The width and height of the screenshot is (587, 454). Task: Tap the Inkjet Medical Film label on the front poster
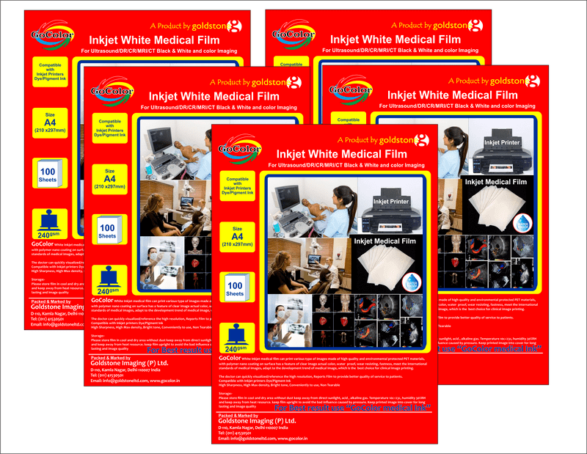tap(385, 240)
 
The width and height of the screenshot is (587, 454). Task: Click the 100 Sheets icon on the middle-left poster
tap(108, 232)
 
